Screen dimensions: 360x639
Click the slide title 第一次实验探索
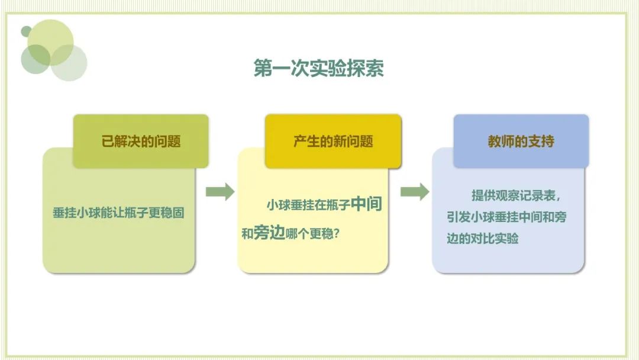[x=318, y=68]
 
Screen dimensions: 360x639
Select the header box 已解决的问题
[x=141, y=142]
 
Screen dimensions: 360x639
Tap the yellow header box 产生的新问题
[x=333, y=142]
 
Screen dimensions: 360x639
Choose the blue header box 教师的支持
[x=521, y=142]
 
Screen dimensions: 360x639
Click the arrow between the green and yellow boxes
[x=220, y=192]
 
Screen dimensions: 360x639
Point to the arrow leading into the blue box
[x=415, y=192]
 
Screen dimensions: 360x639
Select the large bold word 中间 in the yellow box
[x=366, y=205]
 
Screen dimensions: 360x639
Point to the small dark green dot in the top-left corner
[x=26, y=31]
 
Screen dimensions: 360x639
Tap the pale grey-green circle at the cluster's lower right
[x=69, y=63]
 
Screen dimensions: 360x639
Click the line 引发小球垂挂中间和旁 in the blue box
[x=506, y=217]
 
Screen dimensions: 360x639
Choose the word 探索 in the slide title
[x=367, y=68]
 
